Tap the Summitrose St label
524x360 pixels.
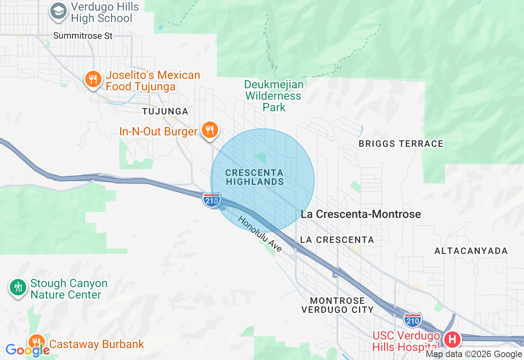83,36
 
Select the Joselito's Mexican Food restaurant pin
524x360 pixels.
93,79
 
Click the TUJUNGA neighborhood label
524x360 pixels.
165,111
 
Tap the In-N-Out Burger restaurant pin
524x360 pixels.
210,130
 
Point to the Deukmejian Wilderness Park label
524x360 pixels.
274,96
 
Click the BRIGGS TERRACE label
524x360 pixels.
401,144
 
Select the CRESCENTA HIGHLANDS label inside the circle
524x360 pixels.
254,177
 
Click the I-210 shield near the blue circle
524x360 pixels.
212,200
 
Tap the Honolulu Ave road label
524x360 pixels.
260,234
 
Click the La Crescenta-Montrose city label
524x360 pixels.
361,214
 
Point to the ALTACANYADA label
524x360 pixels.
471,251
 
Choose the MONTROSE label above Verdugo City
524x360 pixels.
338,301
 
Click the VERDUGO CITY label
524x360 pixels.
337,310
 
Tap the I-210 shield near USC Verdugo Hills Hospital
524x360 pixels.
412,321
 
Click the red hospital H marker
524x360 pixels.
452,339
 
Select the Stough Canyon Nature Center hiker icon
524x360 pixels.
18,287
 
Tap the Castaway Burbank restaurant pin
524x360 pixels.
37,342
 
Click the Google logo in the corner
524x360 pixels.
27,350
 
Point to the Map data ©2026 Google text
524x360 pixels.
474,354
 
